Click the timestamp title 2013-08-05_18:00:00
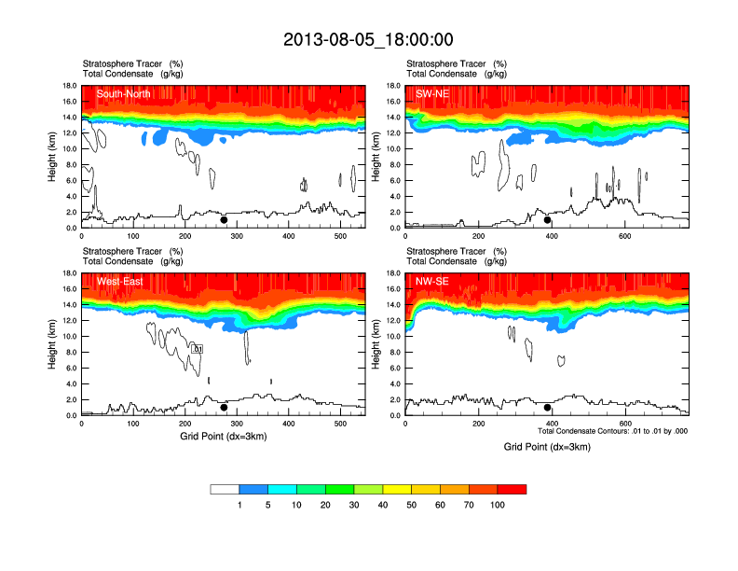click(368, 39)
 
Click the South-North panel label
click(124, 93)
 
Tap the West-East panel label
click(119, 281)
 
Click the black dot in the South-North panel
click(224, 220)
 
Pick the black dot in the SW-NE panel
click(548, 220)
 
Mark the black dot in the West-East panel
click(224, 408)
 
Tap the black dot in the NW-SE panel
click(548, 408)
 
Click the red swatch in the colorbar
click(512, 489)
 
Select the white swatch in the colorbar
click(225, 489)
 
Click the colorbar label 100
click(498, 505)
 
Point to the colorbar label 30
click(354, 505)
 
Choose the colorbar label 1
click(239, 505)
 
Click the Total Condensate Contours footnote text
click(612, 431)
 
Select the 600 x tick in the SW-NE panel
click(623, 237)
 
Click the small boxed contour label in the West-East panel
click(198, 348)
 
